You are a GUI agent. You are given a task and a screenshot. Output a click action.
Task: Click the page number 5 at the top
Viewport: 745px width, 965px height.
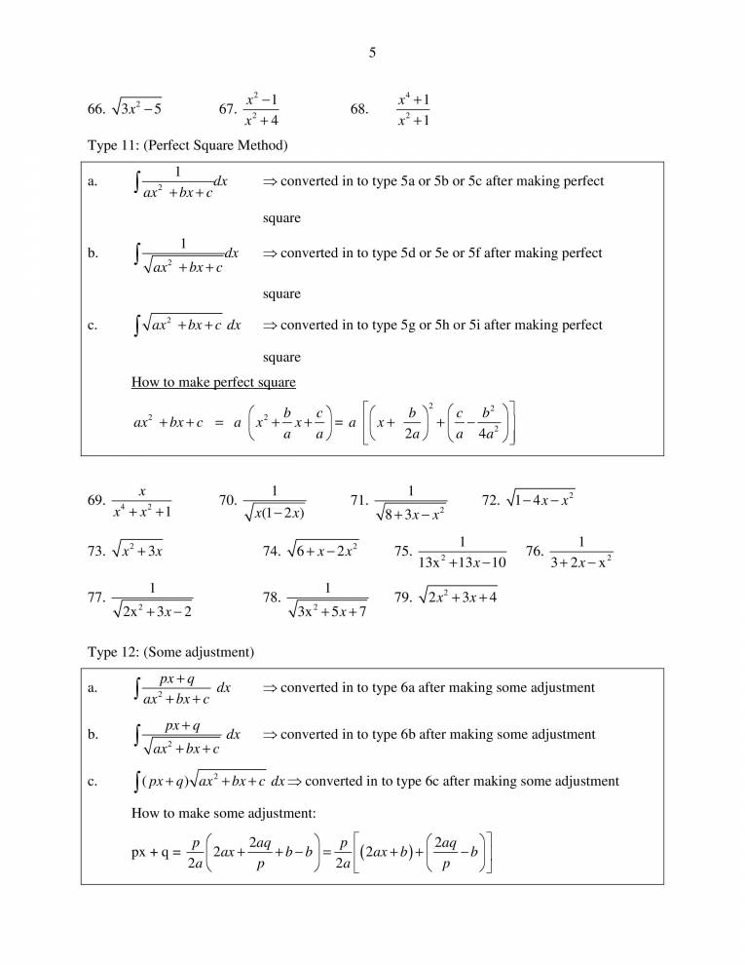pyautogui.click(x=372, y=54)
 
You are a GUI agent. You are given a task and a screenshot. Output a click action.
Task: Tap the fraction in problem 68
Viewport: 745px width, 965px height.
pyautogui.click(x=414, y=109)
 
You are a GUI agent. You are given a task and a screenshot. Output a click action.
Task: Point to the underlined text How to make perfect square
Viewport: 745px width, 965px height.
pyautogui.click(x=213, y=382)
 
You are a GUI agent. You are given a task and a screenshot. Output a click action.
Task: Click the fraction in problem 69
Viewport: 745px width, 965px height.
pyautogui.click(x=142, y=501)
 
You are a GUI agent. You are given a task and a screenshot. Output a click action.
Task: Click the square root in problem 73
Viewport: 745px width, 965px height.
pyautogui.click(x=136, y=551)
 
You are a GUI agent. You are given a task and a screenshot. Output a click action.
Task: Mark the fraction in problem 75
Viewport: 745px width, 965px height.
pyautogui.click(x=463, y=551)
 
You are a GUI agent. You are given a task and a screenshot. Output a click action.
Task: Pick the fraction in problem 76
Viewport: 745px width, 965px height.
pyautogui.click(x=580, y=551)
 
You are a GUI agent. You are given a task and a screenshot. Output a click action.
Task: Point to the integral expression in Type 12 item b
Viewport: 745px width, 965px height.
pyautogui.click(x=185, y=736)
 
